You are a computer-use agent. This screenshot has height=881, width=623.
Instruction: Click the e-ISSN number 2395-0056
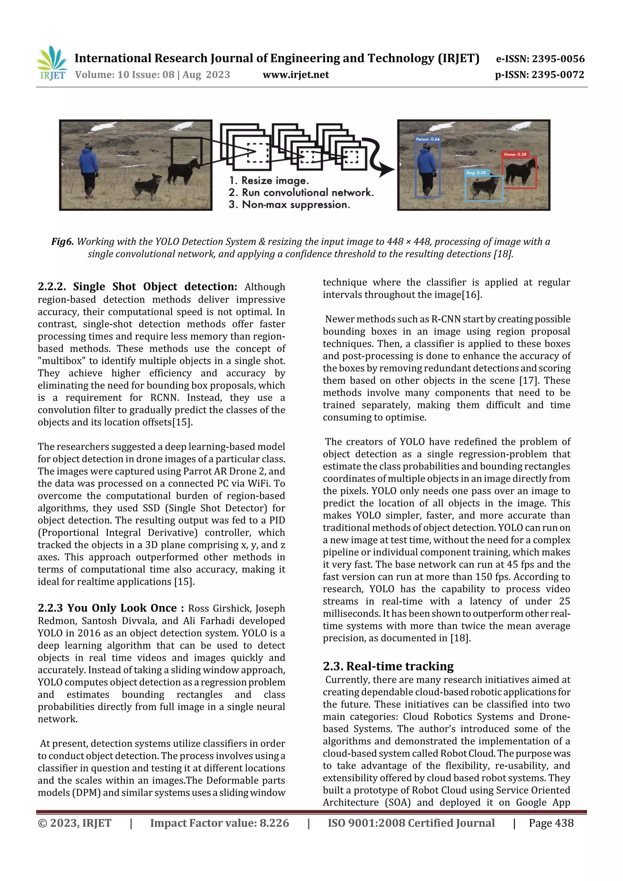tap(558, 59)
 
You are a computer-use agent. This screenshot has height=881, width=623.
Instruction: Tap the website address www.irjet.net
tap(296, 75)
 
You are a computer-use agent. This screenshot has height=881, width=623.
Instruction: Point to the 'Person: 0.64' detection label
tap(428, 139)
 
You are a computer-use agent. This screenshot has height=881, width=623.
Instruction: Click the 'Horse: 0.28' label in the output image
tap(515, 154)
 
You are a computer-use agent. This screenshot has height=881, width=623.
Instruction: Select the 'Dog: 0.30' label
tap(476, 173)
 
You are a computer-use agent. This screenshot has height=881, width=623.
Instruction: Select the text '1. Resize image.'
tap(269, 180)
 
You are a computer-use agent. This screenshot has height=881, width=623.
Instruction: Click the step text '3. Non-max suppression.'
tap(289, 205)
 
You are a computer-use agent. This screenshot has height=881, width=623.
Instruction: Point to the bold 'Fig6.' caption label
tap(62, 242)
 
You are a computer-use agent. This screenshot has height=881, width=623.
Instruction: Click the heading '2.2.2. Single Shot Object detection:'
tap(137, 287)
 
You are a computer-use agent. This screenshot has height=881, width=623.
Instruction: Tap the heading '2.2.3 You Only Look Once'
tap(110, 608)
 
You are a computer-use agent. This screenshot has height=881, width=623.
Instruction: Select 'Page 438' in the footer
tap(551, 823)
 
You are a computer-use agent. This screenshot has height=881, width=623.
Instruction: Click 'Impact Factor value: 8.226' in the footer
tap(219, 823)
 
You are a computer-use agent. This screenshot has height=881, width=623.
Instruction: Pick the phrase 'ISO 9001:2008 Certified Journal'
tap(411, 823)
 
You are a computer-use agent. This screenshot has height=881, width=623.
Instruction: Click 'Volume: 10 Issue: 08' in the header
tap(125, 75)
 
